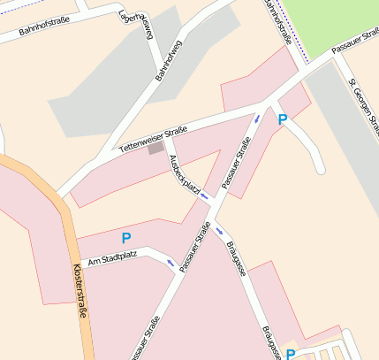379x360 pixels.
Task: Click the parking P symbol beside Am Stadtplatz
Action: pyautogui.click(x=125, y=238)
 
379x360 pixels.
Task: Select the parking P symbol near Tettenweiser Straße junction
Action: pyautogui.click(x=283, y=119)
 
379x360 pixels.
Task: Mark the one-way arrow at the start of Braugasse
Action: pyautogui.click(x=220, y=231)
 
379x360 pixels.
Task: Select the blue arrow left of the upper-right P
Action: pyautogui.click(x=257, y=118)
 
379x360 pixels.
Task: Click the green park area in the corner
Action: pyautogui.click(x=336, y=22)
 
